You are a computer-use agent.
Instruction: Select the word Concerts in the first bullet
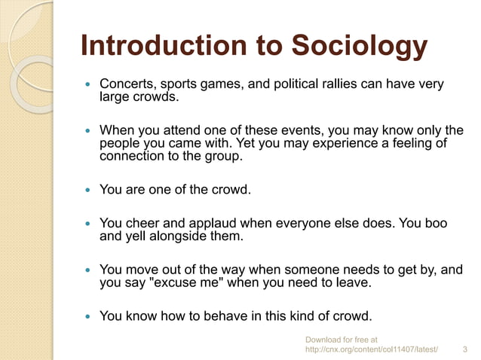[x=126, y=84]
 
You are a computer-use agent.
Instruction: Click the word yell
[x=138, y=236]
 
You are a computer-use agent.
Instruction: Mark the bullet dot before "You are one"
[x=89, y=190]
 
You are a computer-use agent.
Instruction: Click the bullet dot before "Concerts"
[x=89, y=84]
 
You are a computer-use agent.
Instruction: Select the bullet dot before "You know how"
[x=89, y=316]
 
